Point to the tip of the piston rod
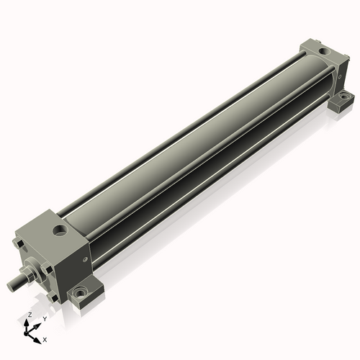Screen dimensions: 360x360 click(12, 287)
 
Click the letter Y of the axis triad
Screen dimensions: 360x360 click(44, 319)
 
